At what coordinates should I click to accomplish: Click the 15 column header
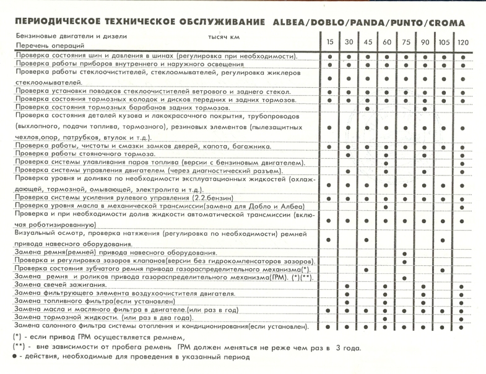(331, 41)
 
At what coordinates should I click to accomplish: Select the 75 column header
(404, 41)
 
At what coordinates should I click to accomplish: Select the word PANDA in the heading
(372, 23)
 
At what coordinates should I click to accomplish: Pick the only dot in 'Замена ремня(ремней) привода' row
(404, 253)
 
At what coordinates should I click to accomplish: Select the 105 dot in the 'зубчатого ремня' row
(443, 270)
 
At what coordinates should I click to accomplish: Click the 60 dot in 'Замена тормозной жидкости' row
(386, 318)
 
